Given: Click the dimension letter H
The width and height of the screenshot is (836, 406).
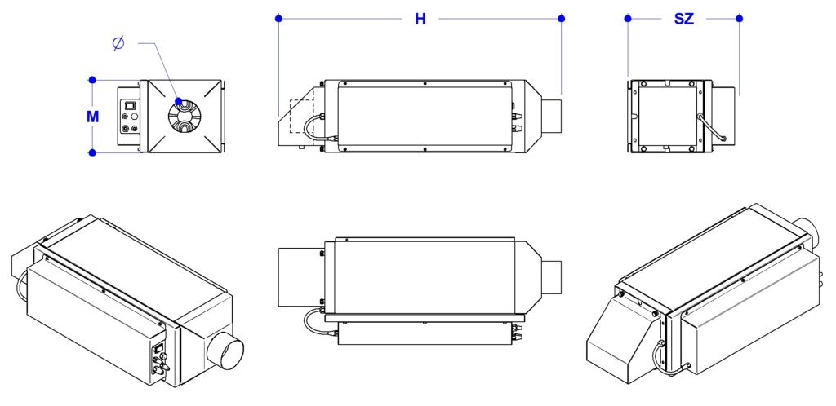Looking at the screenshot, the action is click(x=420, y=19).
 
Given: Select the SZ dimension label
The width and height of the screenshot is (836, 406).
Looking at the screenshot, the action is click(x=684, y=19).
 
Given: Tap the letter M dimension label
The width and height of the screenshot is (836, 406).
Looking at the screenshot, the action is click(x=93, y=117).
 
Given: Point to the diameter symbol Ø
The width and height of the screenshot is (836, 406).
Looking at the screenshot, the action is click(x=118, y=43).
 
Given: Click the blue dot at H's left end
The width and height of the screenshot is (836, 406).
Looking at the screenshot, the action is click(x=278, y=18).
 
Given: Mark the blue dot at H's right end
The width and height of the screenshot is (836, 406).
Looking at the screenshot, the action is click(x=561, y=18).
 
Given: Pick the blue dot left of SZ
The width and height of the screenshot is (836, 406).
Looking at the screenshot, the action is click(x=628, y=18).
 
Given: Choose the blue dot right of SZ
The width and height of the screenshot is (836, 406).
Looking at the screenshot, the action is click(x=739, y=18).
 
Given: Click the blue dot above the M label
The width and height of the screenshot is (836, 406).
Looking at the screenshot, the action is click(x=92, y=80).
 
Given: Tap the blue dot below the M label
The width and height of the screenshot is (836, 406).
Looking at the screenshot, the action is click(x=92, y=152).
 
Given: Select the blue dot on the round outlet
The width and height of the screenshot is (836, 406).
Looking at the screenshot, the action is click(x=178, y=101).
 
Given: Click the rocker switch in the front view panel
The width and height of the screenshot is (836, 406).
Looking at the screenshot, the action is click(x=128, y=105).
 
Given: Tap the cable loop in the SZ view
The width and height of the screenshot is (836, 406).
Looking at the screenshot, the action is click(x=711, y=128).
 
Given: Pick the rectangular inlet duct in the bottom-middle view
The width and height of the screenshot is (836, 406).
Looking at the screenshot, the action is click(x=301, y=277).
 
